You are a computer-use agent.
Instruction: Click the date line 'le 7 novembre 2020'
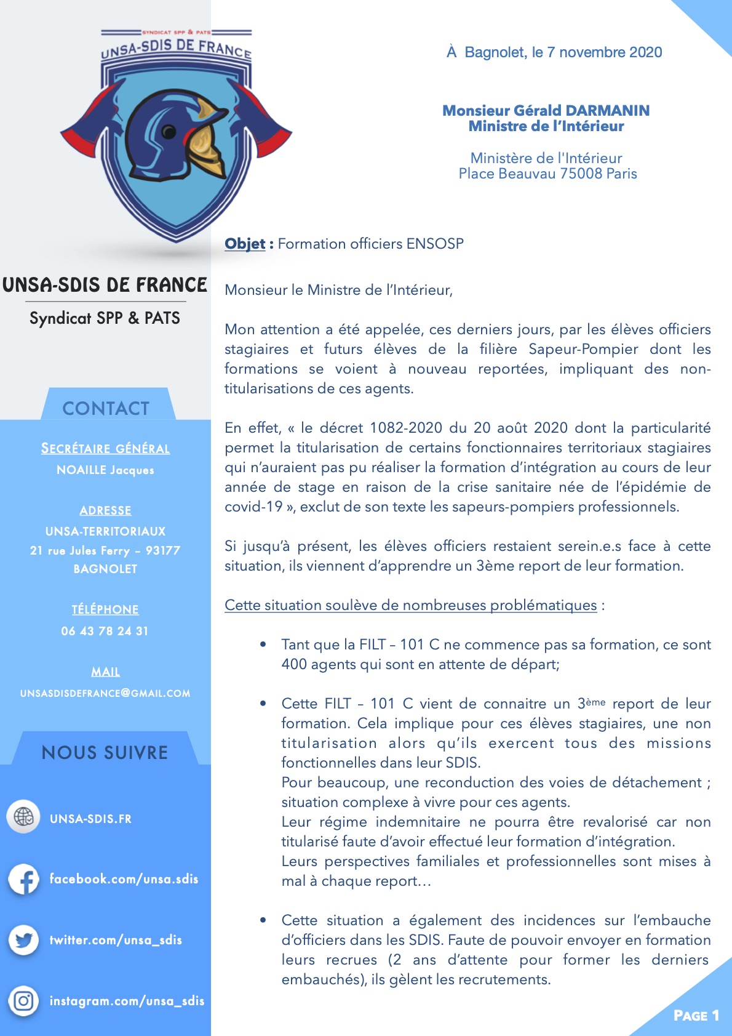(x=597, y=52)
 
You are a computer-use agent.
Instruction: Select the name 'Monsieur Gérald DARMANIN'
(x=546, y=111)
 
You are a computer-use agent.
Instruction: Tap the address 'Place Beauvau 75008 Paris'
(x=547, y=174)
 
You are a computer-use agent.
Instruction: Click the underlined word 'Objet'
(x=245, y=244)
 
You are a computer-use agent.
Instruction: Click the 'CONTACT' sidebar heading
(x=106, y=408)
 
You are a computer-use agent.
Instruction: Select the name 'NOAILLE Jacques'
(x=105, y=470)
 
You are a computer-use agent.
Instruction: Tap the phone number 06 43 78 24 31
(x=105, y=631)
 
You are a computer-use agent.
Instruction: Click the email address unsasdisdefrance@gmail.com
(x=105, y=693)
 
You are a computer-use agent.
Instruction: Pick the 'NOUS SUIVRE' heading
(x=105, y=752)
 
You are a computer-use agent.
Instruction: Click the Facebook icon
(x=24, y=879)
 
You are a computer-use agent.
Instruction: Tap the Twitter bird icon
(x=24, y=940)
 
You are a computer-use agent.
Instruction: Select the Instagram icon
(x=24, y=1001)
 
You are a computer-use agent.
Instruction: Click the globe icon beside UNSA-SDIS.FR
(x=24, y=817)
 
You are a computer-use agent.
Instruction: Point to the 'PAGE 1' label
(x=696, y=1016)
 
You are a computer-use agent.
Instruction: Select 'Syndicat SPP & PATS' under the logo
(x=105, y=318)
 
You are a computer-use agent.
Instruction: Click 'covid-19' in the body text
(x=253, y=507)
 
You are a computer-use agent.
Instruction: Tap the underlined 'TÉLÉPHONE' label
(x=105, y=609)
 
